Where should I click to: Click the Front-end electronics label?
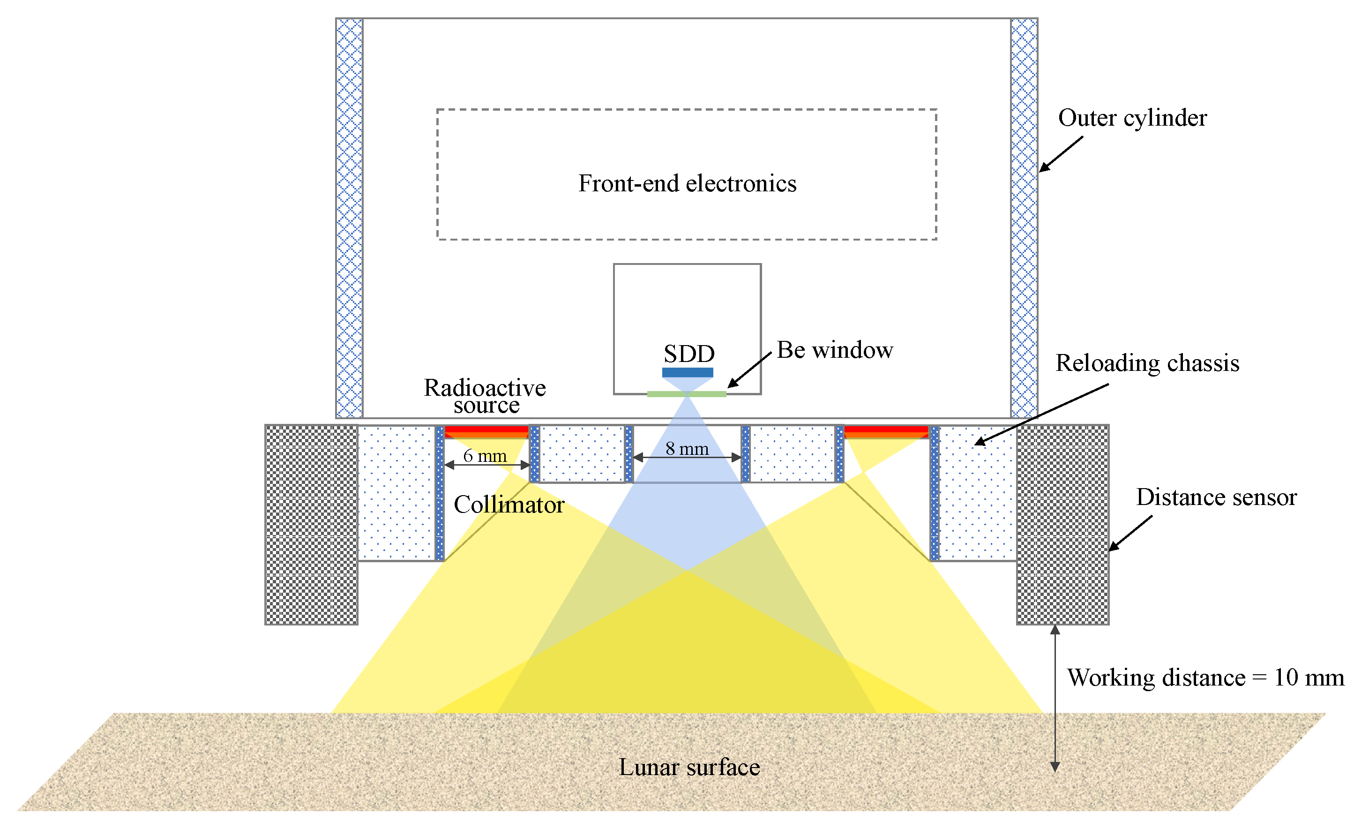(x=687, y=184)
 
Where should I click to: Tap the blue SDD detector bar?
(x=688, y=372)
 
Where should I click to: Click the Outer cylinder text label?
(x=1132, y=118)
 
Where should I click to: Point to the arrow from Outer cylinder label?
(x=1061, y=154)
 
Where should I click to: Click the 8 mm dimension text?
(x=687, y=449)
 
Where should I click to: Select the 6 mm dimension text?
(x=485, y=456)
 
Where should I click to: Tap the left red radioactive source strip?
(x=486, y=430)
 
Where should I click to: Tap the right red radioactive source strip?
(x=886, y=430)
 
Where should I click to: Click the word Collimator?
(x=509, y=505)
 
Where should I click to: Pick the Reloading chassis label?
(x=1147, y=363)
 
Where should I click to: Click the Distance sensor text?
(x=1216, y=497)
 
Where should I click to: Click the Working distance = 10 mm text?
(x=1205, y=677)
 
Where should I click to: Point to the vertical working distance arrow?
(x=1055, y=698)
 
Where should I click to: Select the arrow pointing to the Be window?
(x=749, y=370)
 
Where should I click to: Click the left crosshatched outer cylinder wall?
(x=349, y=218)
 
